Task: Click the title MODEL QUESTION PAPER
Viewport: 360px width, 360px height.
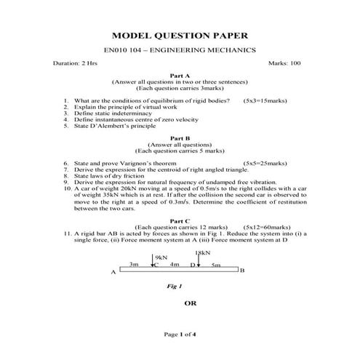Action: pos(179,34)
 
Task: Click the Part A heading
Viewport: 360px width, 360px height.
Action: pos(179,76)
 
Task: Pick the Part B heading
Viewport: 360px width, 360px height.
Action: pos(179,137)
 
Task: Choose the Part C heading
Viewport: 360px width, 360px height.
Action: pos(179,219)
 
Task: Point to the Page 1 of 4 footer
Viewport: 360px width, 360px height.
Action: pos(180,333)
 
